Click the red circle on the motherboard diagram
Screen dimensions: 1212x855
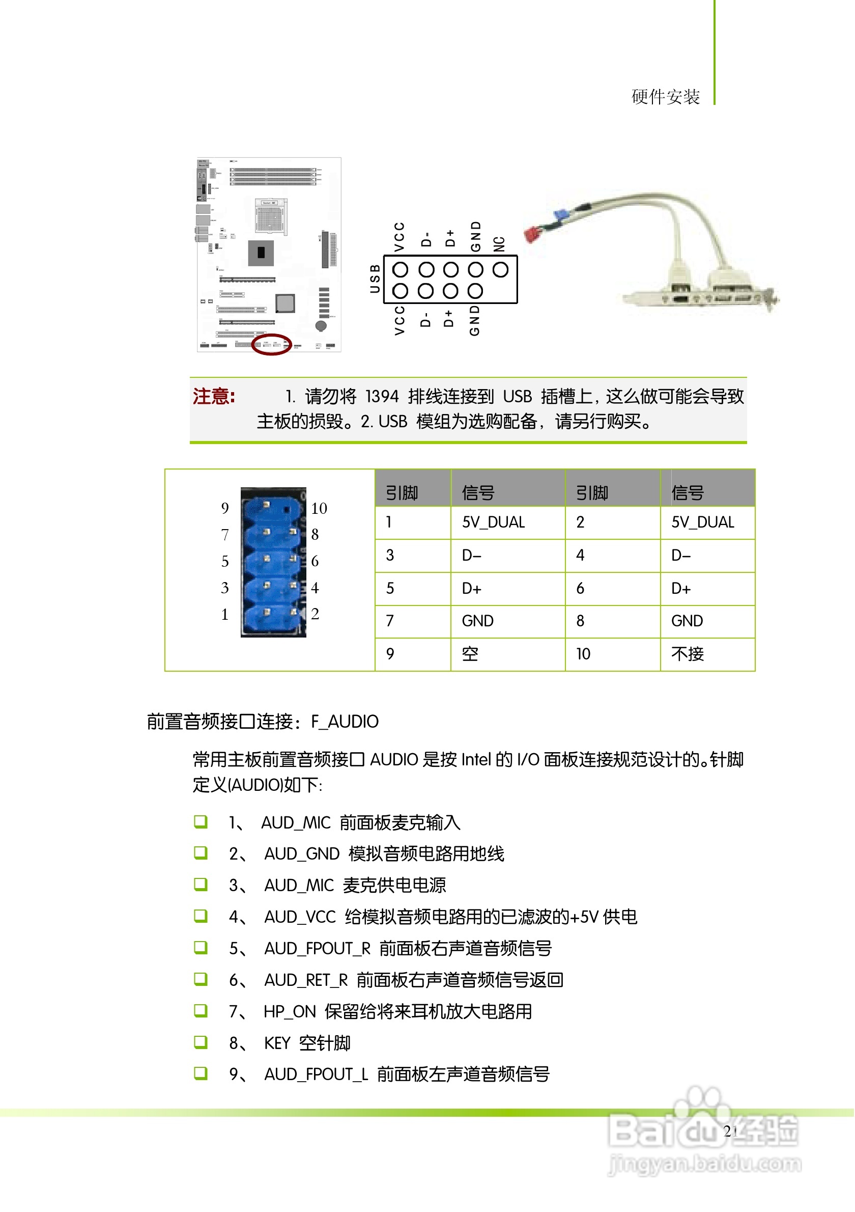coord(272,345)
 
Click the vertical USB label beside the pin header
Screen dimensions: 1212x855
coord(375,279)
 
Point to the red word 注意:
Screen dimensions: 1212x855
coord(214,396)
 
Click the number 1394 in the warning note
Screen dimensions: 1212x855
coord(382,396)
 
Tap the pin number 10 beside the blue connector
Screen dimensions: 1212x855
coord(319,509)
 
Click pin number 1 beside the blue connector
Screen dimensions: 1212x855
coord(225,615)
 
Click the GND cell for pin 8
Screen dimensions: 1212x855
coord(687,621)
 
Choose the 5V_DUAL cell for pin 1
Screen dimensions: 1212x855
coord(494,522)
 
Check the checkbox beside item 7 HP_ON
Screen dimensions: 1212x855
coord(201,1011)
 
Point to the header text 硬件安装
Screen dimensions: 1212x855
coord(666,97)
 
